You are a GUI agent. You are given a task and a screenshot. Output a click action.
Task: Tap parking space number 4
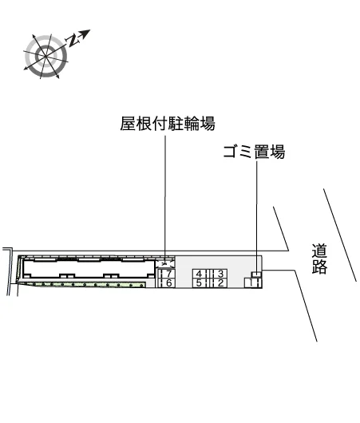pyautogui.click(x=200, y=274)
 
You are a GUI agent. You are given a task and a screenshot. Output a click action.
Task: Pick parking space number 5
pyautogui.click(x=200, y=283)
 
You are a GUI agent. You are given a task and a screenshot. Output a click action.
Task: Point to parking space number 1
pyautogui.click(x=253, y=283)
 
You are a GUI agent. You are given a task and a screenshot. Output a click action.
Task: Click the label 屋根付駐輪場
pyautogui.click(x=168, y=124)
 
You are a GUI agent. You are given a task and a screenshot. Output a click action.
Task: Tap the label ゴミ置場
pyautogui.click(x=254, y=152)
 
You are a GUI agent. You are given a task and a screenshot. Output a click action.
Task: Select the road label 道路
pyautogui.click(x=319, y=259)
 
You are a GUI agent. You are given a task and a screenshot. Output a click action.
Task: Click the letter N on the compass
pyautogui.click(x=73, y=41)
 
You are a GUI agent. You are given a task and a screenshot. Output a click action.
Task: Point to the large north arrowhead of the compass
pyautogui.click(x=85, y=34)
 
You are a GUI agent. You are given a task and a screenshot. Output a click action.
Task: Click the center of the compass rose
pyautogui.click(x=45, y=56)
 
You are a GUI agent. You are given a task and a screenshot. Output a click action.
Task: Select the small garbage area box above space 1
pyautogui.click(x=257, y=275)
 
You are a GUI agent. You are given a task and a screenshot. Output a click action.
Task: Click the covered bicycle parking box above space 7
pyautogui.click(x=165, y=263)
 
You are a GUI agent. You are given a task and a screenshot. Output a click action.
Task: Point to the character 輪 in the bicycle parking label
pyautogui.click(x=192, y=124)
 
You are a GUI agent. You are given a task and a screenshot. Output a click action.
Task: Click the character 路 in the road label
pyautogui.click(x=319, y=267)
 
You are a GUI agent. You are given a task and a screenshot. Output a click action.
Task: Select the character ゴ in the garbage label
pyautogui.click(x=231, y=152)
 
